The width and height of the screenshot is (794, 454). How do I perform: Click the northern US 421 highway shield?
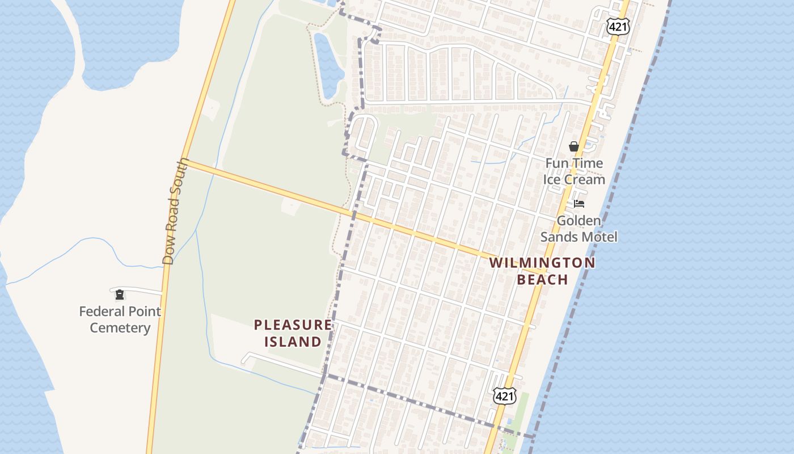(x=618, y=26)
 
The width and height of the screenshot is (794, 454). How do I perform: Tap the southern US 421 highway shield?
(x=504, y=396)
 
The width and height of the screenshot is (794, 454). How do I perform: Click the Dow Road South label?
(x=175, y=212)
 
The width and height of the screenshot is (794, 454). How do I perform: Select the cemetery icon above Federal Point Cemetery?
(x=120, y=294)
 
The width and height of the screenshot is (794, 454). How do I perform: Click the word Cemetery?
(x=120, y=328)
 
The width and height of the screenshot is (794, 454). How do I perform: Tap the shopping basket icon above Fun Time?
(x=574, y=146)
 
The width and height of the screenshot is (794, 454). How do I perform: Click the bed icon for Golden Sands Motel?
(x=578, y=203)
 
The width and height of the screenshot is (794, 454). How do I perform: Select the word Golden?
(x=578, y=220)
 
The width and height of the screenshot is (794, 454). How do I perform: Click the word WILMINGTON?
(x=542, y=263)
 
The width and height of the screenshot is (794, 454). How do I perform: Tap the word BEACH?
(x=542, y=279)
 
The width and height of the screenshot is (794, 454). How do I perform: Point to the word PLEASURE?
(x=293, y=325)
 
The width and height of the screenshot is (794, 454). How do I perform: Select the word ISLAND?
(x=293, y=342)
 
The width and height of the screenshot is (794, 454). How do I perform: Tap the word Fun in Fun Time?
(x=556, y=163)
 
